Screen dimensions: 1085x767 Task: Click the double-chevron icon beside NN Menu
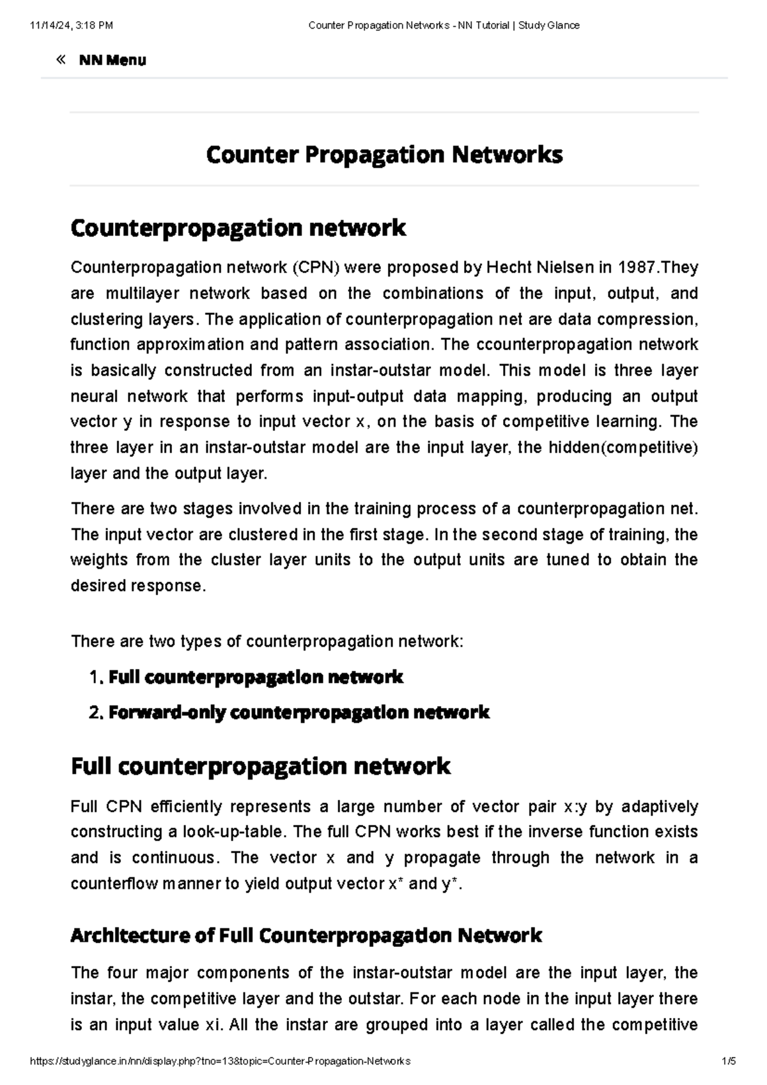pyautogui.click(x=61, y=60)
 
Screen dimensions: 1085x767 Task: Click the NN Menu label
pyautogui.click(x=112, y=61)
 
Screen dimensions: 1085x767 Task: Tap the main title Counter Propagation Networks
pyautogui.click(x=384, y=155)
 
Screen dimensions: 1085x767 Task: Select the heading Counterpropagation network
pyautogui.click(x=238, y=227)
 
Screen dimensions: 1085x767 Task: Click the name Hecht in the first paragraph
pyautogui.click(x=509, y=267)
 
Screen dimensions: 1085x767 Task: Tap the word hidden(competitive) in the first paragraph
pyautogui.click(x=623, y=447)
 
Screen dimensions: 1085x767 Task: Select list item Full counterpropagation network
pyautogui.click(x=256, y=677)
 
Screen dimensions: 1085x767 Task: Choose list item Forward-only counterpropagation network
pyautogui.click(x=298, y=712)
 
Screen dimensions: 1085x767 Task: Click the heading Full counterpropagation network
pyautogui.click(x=260, y=766)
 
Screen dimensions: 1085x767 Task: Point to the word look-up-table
pyautogui.click(x=234, y=832)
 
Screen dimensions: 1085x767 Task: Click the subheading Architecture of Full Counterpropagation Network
pyautogui.click(x=306, y=935)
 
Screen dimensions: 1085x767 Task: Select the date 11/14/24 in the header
pyautogui.click(x=49, y=26)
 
